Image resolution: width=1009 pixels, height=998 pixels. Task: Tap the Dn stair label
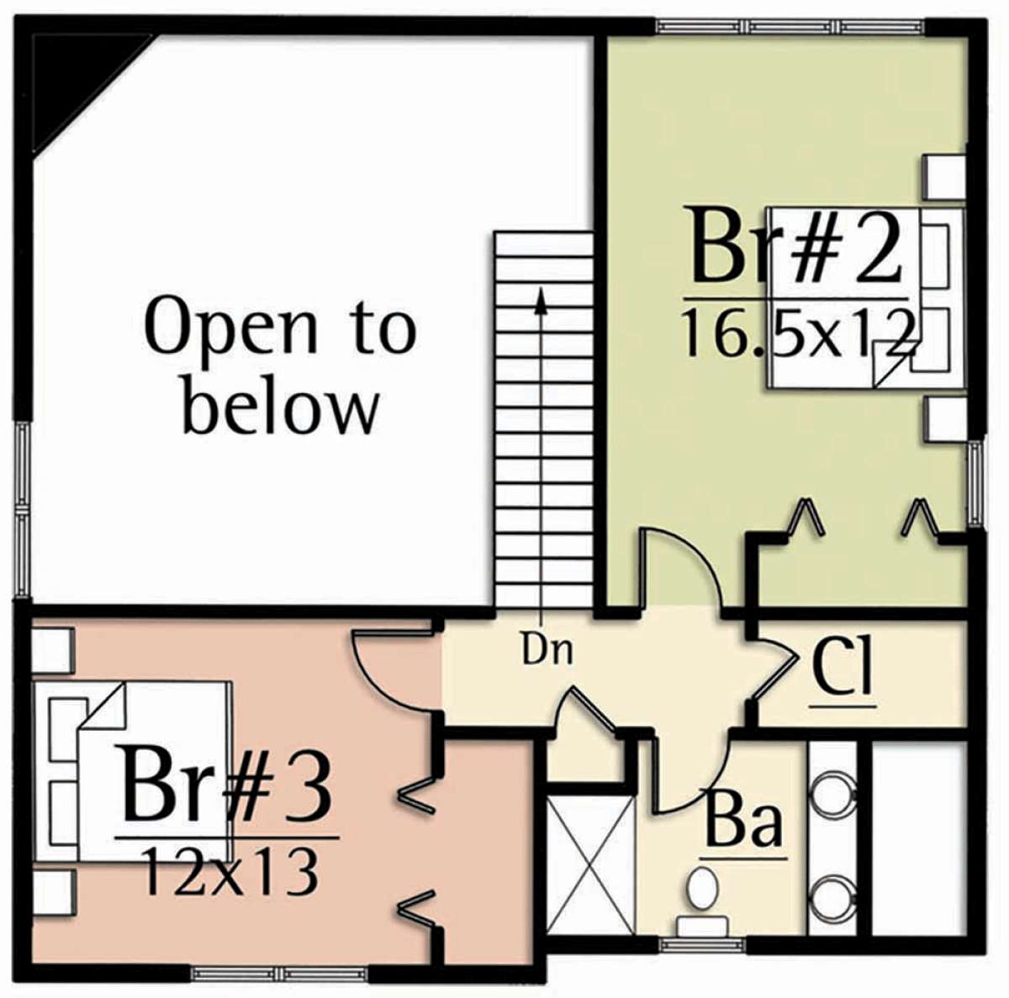(x=547, y=651)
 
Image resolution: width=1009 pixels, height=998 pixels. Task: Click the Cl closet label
(x=843, y=672)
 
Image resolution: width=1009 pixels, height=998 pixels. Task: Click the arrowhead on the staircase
(x=541, y=301)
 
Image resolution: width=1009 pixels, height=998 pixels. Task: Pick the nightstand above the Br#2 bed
(x=943, y=177)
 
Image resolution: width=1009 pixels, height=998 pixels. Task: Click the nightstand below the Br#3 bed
(x=52, y=890)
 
